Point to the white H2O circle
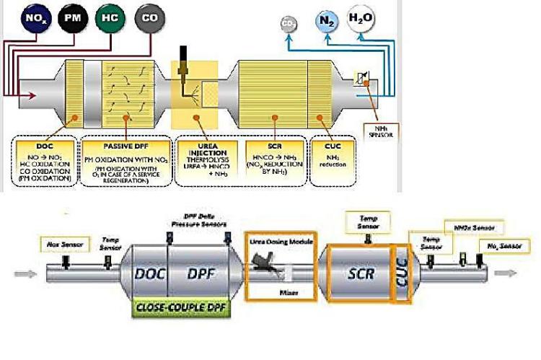pyautogui.click(x=362, y=17)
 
